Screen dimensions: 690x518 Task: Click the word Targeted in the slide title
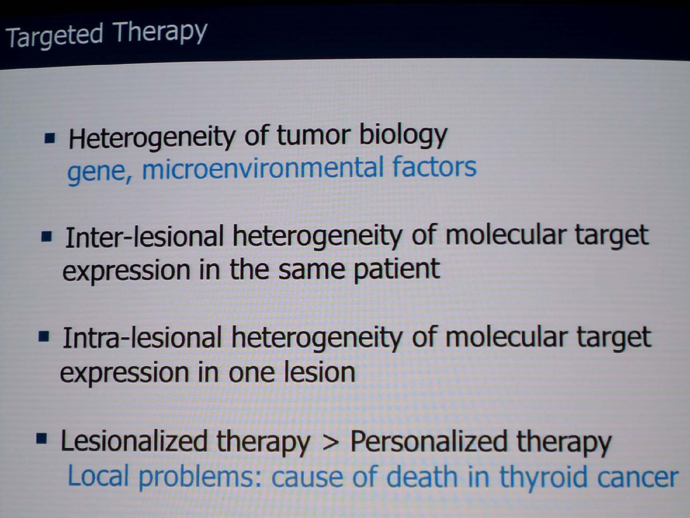pyautogui.click(x=55, y=36)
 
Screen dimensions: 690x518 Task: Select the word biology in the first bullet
pyautogui.click(x=403, y=135)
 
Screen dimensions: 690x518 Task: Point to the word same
pyautogui.click(x=312, y=270)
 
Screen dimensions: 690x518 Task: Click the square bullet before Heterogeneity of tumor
pyautogui.click(x=50, y=139)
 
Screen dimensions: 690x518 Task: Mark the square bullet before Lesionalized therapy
pyautogui.click(x=41, y=439)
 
